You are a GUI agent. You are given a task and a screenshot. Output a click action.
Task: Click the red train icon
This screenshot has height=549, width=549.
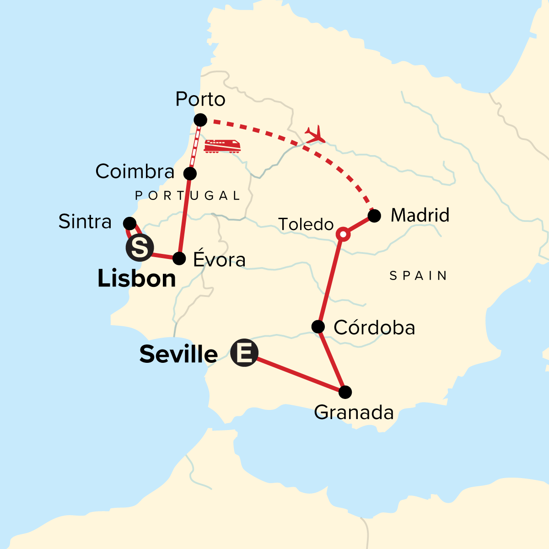click(x=222, y=146)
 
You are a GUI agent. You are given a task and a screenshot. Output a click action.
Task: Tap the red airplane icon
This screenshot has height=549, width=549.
click(x=315, y=134)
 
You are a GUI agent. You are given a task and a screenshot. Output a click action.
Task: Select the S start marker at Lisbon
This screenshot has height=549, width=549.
click(x=140, y=248)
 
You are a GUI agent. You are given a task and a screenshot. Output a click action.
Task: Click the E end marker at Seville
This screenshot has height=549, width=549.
click(x=244, y=353)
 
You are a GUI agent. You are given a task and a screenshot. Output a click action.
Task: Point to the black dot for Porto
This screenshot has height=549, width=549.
click(x=200, y=120)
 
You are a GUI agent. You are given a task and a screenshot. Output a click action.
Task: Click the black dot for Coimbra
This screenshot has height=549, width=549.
click(x=190, y=173)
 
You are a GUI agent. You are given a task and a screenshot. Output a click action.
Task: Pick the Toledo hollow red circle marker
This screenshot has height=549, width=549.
click(x=343, y=234)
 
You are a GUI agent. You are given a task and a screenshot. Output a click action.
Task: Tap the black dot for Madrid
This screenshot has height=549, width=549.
click(x=374, y=215)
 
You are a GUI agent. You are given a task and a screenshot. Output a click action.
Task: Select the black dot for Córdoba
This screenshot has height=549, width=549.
click(x=318, y=327)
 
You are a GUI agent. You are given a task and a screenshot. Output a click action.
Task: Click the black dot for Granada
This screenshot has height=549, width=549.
click(x=345, y=392)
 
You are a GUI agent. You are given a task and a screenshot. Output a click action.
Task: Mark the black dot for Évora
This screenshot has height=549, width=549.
click(x=179, y=258)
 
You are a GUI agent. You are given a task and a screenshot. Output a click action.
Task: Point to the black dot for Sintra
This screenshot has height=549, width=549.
click(x=130, y=224)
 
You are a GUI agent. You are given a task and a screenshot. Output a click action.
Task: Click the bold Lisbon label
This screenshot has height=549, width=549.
click(x=137, y=279)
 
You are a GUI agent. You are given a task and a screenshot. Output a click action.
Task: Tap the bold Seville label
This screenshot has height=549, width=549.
click(x=178, y=355)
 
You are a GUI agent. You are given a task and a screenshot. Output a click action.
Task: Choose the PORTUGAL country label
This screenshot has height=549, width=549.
click(x=188, y=196)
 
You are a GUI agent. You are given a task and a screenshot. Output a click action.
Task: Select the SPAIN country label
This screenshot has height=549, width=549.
click(x=418, y=275)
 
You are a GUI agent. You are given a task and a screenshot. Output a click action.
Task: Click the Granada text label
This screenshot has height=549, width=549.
click(x=354, y=413)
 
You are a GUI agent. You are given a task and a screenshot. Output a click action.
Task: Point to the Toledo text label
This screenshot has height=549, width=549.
click(x=306, y=225)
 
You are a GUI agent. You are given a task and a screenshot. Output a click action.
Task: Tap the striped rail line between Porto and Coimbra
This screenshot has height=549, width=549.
click(x=195, y=146)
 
